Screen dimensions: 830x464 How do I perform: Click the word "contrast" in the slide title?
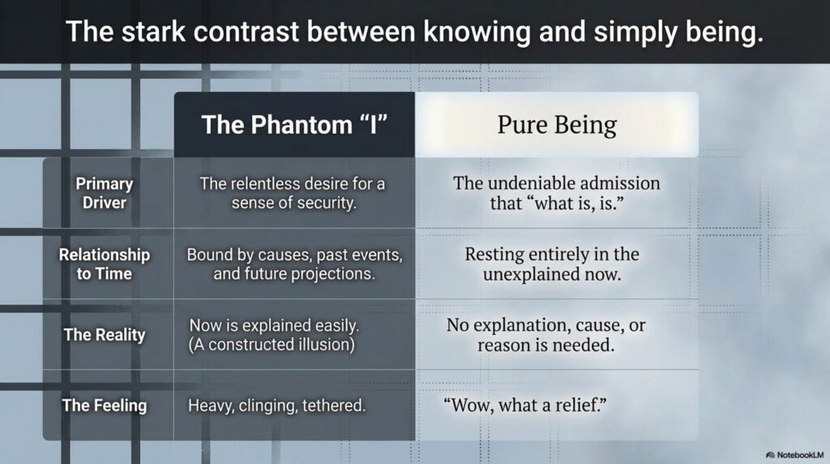[x=246, y=32]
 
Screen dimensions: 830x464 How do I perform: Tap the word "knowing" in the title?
[x=477, y=32]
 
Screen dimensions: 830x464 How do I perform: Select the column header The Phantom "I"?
[x=294, y=125]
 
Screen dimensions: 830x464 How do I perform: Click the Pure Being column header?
[x=557, y=125]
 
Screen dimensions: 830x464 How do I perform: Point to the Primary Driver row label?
[x=105, y=193]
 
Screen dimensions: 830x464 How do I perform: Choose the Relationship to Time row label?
[x=105, y=264]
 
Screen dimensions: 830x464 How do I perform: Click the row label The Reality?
[x=105, y=335]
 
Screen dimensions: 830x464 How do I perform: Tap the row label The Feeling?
[x=105, y=406]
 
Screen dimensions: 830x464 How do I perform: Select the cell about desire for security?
[x=293, y=193]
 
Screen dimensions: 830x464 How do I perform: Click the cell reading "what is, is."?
[x=557, y=193]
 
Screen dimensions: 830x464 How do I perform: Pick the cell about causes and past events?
[x=294, y=264]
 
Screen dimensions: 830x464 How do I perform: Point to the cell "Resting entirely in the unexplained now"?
[x=552, y=264]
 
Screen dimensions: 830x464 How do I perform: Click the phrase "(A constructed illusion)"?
[x=272, y=345]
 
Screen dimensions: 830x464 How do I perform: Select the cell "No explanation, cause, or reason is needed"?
[x=545, y=335]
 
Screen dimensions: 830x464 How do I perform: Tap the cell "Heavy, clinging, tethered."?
[x=277, y=406]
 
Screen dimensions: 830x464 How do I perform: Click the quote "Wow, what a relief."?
[x=525, y=406]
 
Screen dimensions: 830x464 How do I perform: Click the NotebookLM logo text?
[x=794, y=455]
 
